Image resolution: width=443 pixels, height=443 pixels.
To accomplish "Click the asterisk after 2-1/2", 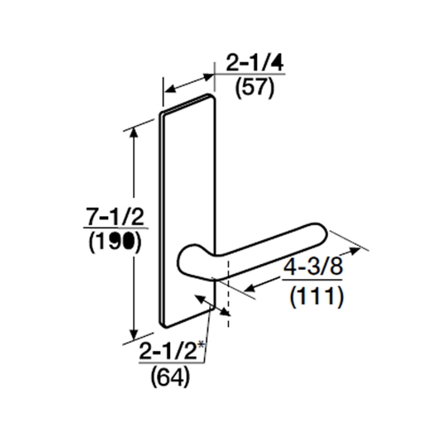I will click(200, 345).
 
